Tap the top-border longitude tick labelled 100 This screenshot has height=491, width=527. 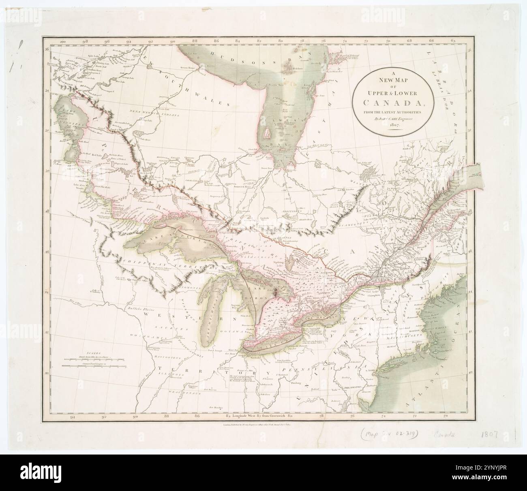(62, 41)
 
